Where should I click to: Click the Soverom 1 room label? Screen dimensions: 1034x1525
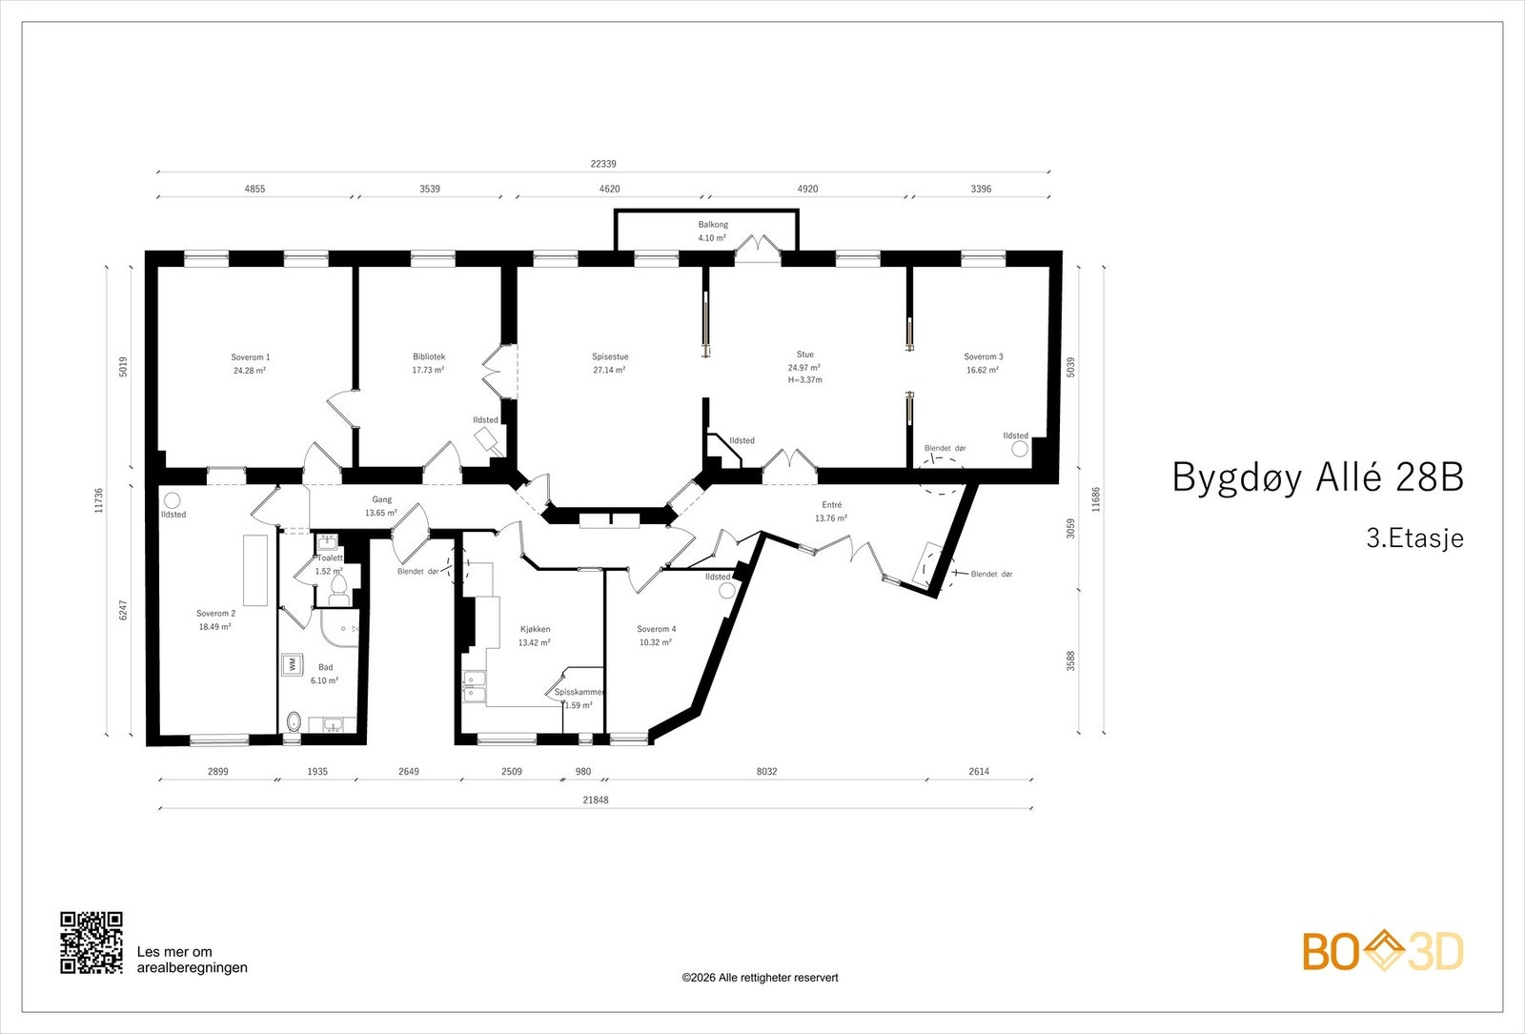coord(250,357)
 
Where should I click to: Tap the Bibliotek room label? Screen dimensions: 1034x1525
coord(428,356)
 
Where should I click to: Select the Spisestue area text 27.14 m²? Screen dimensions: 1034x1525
coord(609,370)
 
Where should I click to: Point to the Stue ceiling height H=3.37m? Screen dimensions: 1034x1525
coord(804,379)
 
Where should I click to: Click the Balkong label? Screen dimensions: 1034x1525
coord(712,225)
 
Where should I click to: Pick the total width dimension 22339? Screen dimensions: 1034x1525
coord(602,164)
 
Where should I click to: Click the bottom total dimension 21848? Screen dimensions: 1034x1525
coord(595,800)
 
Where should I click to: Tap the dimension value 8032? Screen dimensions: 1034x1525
coord(766,771)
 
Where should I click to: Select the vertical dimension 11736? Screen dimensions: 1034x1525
coord(99,501)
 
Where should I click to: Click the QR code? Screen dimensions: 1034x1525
coord(91,943)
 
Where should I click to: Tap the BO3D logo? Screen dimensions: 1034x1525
coord(1382,951)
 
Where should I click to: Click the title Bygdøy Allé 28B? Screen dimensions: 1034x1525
coord(1316,476)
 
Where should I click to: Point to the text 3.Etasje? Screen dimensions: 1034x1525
coord(1414,537)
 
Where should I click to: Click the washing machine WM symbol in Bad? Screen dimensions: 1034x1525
coord(290,664)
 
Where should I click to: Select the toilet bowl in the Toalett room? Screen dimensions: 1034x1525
coord(337,595)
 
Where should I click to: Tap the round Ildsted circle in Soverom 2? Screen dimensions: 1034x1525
coord(173,500)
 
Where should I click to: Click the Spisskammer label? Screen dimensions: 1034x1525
coord(579,692)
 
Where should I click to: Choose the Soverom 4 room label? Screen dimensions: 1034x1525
coord(656,629)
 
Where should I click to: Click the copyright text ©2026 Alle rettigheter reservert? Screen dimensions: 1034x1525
coord(760,978)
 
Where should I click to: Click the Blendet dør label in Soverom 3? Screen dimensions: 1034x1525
coord(945,448)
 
